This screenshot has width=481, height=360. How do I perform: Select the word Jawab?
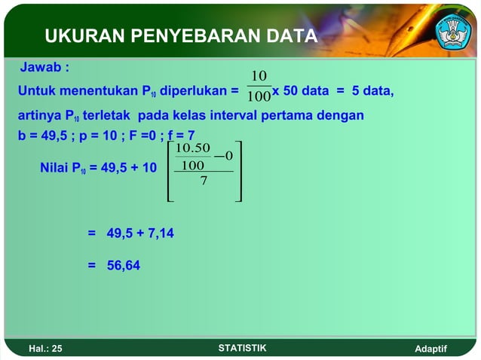(41, 68)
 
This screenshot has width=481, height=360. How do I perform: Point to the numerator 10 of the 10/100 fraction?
(259, 77)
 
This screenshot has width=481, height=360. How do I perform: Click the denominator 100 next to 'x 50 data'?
(259, 96)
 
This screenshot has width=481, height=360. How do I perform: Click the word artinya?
(39, 116)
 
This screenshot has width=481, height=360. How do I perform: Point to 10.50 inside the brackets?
(192, 148)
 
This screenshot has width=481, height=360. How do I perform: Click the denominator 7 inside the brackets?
(204, 180)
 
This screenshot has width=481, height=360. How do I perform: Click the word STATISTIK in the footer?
(241, 347)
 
